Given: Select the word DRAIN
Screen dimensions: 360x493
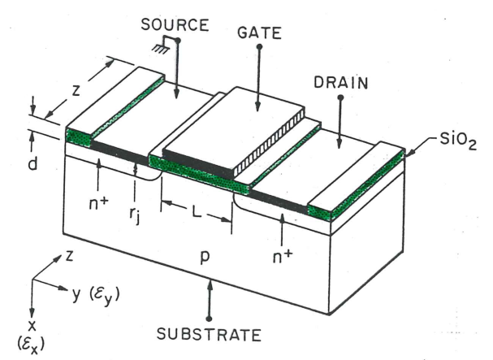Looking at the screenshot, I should click(339, 82).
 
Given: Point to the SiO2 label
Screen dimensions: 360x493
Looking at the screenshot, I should click(444, 140).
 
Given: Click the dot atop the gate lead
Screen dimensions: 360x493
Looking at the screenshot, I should click(258, 48).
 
